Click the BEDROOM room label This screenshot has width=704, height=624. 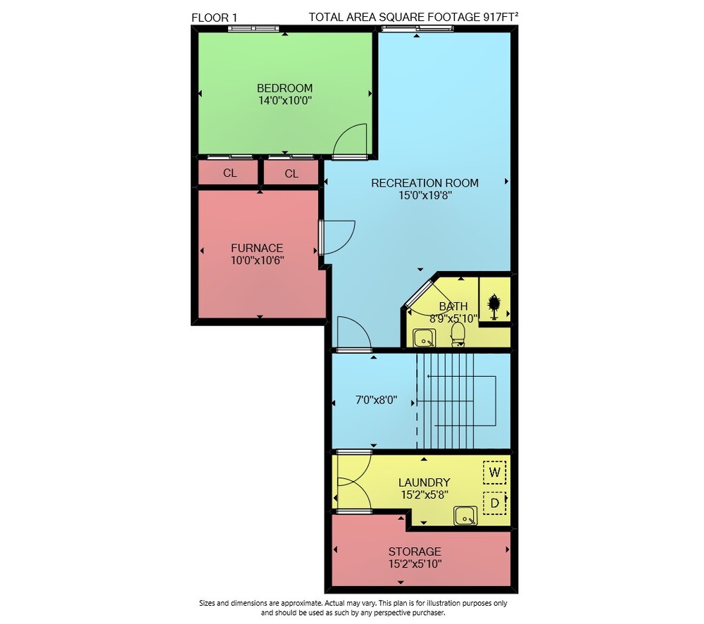(284, 88)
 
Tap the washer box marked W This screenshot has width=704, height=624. (494, 472)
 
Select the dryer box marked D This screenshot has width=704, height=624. (494, 503)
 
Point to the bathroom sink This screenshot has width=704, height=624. (424, 338)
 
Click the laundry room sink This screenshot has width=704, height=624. (465, 516)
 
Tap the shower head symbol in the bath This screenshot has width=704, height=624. (494, 306)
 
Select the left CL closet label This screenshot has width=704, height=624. (230, 173)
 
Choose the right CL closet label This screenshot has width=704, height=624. (291, 173)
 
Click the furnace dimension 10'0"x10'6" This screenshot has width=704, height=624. (257, 260)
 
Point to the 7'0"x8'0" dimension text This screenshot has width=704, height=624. (376, 400)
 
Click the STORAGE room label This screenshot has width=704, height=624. (415, 551)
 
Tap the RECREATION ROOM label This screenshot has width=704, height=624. (425, 183)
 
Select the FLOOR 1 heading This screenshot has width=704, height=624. (214, 18)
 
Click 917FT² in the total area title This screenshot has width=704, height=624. (501, 17)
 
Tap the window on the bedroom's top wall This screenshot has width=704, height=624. (253, 28)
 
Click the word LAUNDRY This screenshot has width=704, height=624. (425, 482)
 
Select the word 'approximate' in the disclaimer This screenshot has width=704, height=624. (302, 604)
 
